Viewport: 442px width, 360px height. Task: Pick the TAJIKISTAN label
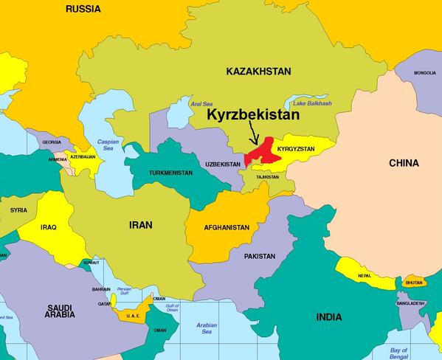(267, 177)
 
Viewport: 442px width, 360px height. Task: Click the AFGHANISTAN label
(227, 227)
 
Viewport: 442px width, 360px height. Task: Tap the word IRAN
(141, 226)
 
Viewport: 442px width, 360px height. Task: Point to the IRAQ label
(49, 228)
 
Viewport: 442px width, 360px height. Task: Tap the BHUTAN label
(414, 283)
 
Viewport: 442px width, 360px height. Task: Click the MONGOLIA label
(425, 73)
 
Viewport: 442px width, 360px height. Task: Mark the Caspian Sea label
(108, 145)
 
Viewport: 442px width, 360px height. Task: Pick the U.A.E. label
(133, 316)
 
